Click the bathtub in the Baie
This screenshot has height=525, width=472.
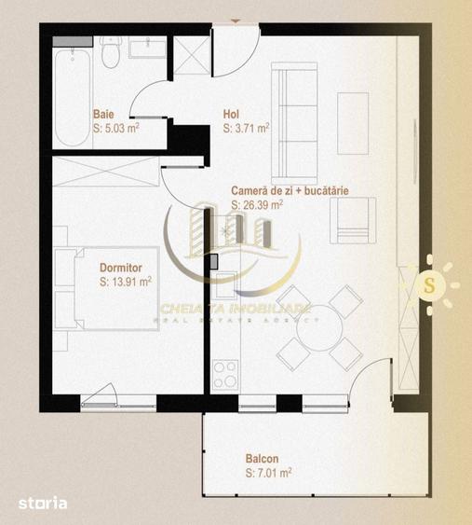click(73, 97)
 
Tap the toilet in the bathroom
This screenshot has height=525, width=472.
click(111, 52)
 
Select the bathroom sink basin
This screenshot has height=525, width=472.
click(147, 48)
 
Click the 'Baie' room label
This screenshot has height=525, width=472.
click(103, 114)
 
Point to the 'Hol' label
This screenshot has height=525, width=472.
click(231, 114)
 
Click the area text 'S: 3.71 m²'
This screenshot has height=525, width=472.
click(247, 128)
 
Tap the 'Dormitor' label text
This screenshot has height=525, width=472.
click(121, 268)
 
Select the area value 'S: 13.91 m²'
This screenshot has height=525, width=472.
click(126, 282)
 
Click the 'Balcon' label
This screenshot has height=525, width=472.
click(263, 459)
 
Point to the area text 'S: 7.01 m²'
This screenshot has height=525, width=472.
click(268, 473)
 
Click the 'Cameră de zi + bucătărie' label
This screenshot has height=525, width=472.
click(290, 191)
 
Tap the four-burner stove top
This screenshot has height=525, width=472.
click(225, 374)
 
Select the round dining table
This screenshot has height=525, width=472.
click(319, 328)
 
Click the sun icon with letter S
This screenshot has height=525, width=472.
click(430, 285)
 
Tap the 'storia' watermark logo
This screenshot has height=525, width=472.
click(43, 504)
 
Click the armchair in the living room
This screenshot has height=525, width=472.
click(353, 220)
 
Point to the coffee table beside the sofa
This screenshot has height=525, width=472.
click(353, 123)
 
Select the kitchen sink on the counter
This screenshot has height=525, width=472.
click(226, 285)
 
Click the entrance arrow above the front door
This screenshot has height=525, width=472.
click(236, 21)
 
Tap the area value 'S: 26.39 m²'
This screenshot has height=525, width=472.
click(257, 205)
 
